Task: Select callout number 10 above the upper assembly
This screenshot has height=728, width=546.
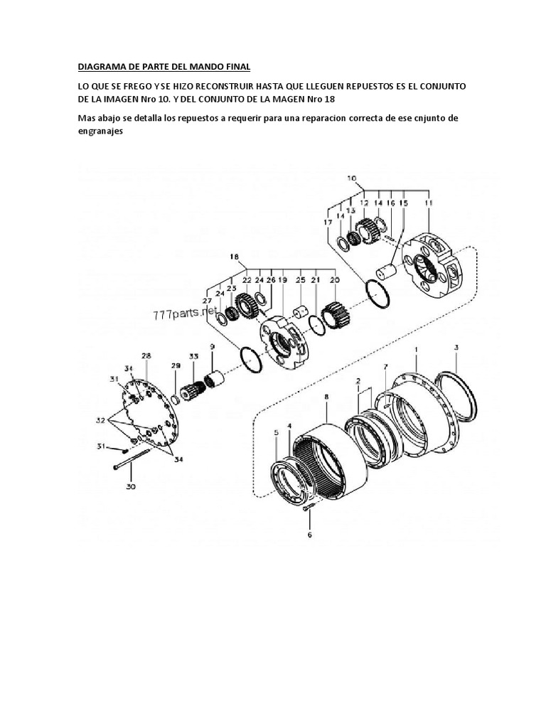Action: [x=353, y=178]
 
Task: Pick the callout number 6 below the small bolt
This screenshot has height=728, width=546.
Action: [x=309, y=534]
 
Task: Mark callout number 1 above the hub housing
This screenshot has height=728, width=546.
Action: [x=416, y=350]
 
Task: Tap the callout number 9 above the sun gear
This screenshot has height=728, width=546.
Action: [x=211, y=346]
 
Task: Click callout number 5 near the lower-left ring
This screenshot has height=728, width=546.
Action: [x=276, y=432]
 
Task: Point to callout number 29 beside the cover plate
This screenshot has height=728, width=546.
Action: [x=176, y=365]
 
